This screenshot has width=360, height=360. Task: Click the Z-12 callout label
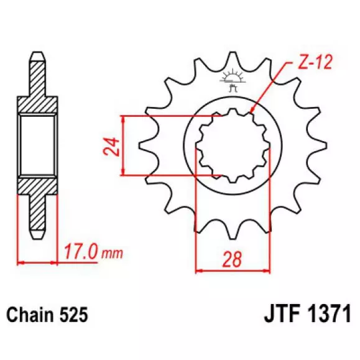click(315, 62)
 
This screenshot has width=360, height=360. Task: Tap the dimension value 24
click(112, 147)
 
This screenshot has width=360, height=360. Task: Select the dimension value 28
click(232, 259)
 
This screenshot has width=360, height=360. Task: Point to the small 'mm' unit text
click(113, 254)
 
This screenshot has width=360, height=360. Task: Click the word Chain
click(29, 315)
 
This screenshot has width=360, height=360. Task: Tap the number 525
click(73, 315)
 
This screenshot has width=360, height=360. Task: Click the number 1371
click(330, 313)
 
